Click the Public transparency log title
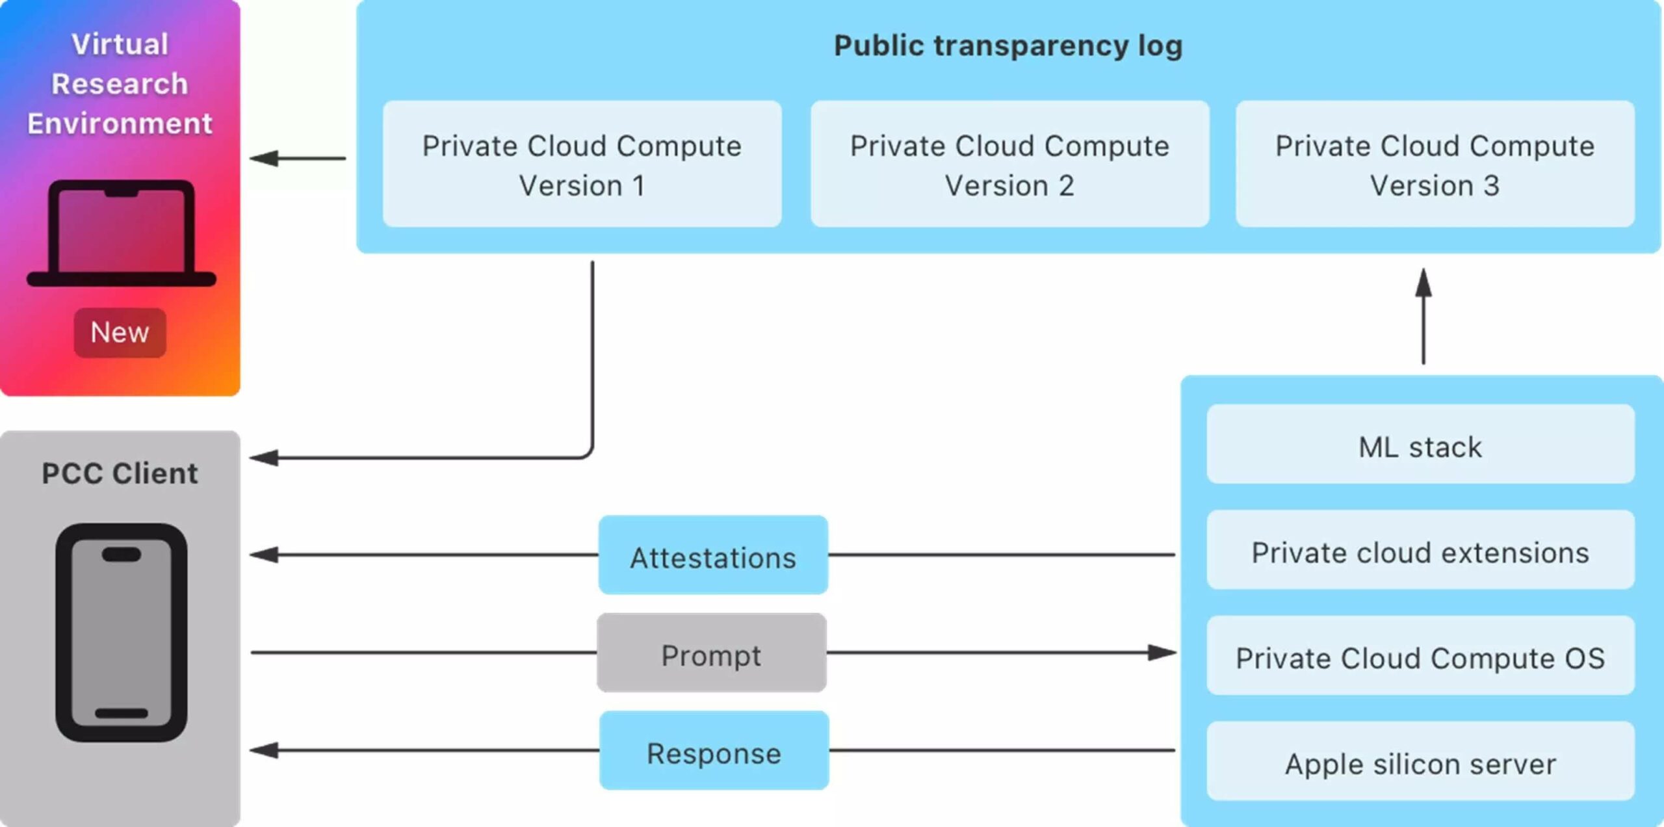click(1008, 46)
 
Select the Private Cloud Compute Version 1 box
click(582, 164)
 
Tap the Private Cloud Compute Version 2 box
click(1009, 164)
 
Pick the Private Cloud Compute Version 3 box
click(1435, 164)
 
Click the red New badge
click(120, 332)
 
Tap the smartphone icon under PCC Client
click(122, 632)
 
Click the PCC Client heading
click(120, 473)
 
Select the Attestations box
click(713, 555)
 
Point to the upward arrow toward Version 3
click(1423, 315)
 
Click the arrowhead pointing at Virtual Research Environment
click(264, 158)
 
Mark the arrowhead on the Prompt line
click(1162, 652)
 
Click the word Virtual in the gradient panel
click(120, 44)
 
